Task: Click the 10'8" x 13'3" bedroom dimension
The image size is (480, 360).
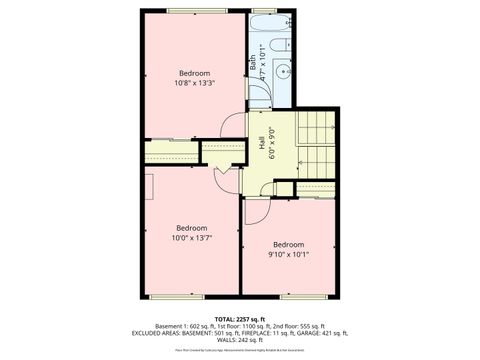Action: pos(194,84)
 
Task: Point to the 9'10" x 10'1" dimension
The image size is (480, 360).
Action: pos(288,255)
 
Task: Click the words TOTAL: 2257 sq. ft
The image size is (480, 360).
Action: pos(239,318)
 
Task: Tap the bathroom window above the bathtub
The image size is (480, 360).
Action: pos(268,11)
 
